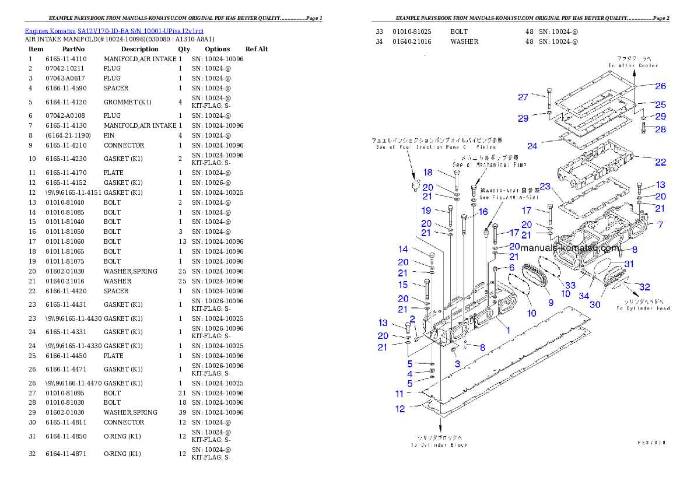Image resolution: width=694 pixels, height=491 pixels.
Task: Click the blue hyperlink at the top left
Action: (x=114, y=31)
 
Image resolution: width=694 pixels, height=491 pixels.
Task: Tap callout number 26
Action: (x=660, y=86)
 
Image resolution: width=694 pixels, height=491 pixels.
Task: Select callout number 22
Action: (x=660, y=162)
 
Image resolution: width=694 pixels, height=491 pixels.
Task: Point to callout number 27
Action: (x=523, y=97)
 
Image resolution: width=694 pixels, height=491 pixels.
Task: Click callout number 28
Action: (x=660, y=129)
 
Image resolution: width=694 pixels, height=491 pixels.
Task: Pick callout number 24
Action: (x=532, y=146)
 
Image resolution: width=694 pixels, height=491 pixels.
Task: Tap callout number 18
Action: (x=428, y=172)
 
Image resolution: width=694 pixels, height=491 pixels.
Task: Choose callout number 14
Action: (x=403, y=250)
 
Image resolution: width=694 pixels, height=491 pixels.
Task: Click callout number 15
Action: (x=403, y=285)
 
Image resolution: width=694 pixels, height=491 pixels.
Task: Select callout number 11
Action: (x=399, y=394)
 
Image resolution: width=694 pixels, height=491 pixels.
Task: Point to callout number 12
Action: (x=399, y=409)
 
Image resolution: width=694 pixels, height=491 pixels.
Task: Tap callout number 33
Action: (x=570, y=285)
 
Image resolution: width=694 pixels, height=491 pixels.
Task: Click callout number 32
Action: (x=644, y=287)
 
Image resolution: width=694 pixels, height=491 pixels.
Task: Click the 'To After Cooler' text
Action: (x=633, y=65)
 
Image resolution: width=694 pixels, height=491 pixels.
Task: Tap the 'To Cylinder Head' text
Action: (x=646, y=308)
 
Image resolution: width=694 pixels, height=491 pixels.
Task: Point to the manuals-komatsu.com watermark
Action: (x=569, y=247)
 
